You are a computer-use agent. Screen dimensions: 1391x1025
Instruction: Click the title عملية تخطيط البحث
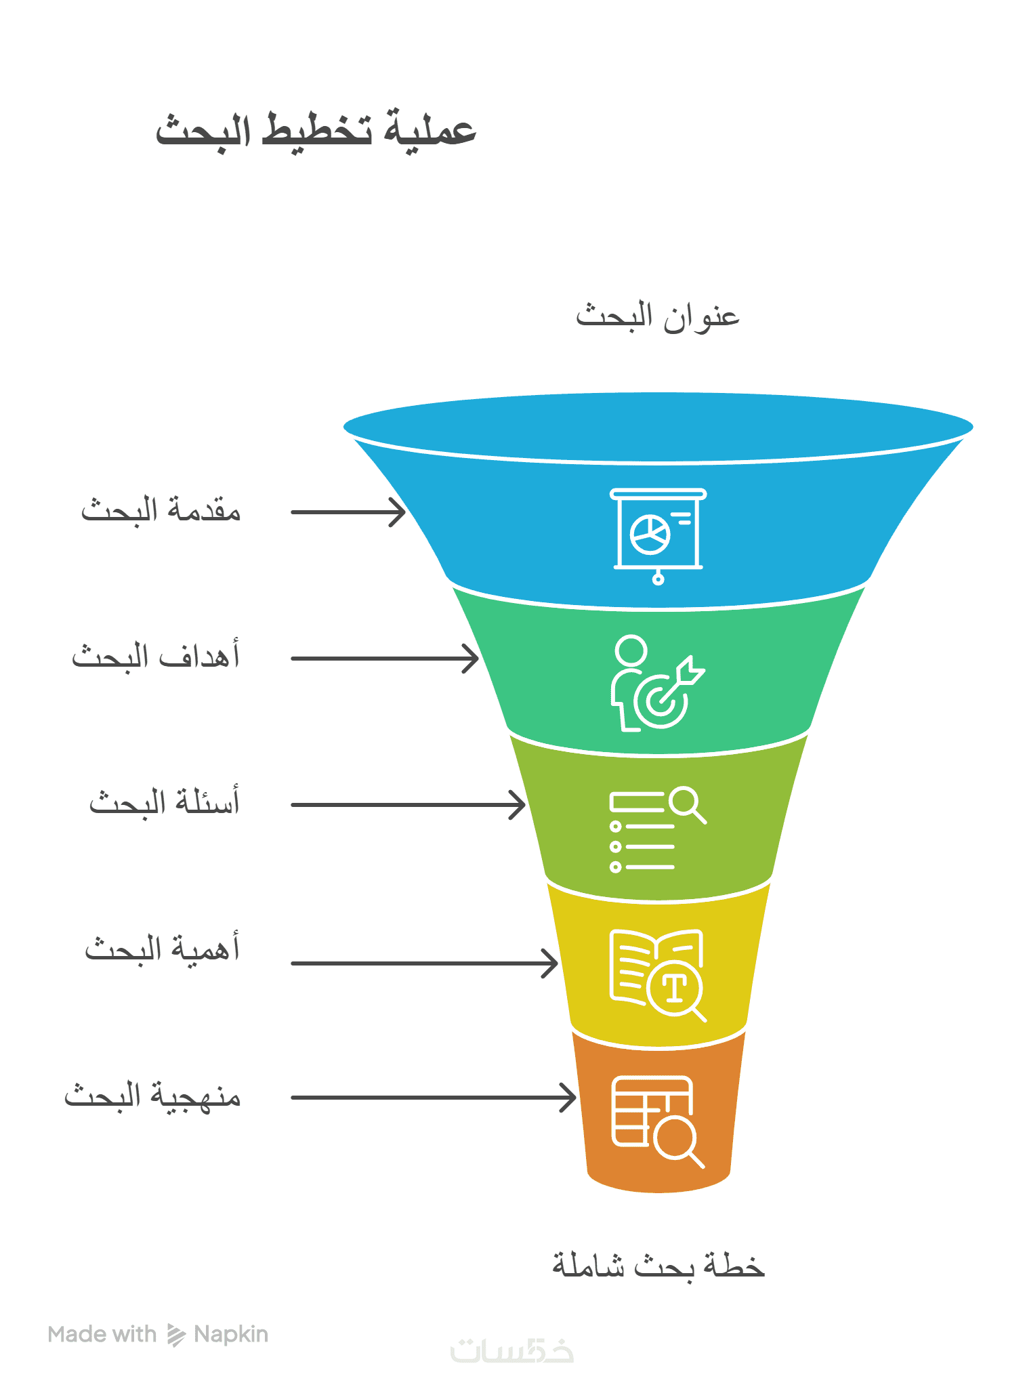point(316,129)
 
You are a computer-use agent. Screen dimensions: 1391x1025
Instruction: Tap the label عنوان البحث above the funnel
point(657,316)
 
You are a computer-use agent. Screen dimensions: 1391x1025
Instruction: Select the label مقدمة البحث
point(161,510)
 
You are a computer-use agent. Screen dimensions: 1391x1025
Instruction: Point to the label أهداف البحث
point(156,656)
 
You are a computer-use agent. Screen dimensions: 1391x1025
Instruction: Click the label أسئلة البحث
point(165,802)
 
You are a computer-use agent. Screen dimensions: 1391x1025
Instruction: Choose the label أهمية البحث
point(162,949)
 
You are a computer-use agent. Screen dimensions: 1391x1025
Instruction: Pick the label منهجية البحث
point(152,1095)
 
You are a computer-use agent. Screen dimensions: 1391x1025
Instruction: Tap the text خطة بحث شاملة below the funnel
point(658,1265)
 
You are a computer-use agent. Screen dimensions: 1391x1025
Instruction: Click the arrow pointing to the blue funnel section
point(348,512)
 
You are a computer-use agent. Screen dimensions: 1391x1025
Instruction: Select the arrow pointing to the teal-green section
point(385,658)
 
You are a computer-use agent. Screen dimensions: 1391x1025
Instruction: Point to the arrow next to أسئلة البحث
point(408,805)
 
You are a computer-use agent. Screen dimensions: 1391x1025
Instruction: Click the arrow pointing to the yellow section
point(424,963)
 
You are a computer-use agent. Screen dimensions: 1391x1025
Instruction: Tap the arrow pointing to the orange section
point(434,1097)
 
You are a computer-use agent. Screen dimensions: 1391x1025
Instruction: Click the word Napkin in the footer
point(231,1334)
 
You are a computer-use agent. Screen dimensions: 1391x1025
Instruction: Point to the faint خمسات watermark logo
point(512,1350)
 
